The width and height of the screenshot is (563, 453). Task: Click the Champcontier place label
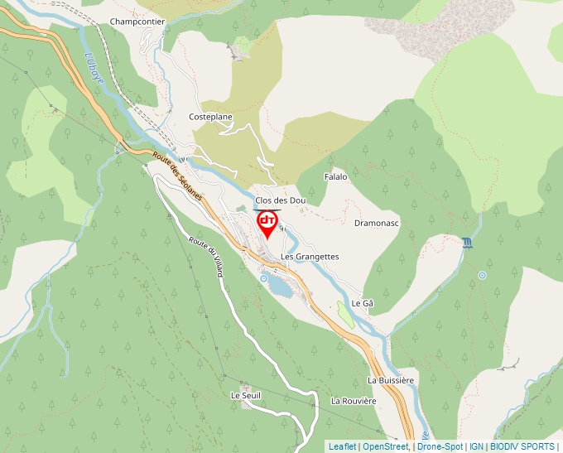tap(137, 22)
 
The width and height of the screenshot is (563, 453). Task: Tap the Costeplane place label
tap(210, 117)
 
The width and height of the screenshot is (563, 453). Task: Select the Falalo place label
tap(335, 177)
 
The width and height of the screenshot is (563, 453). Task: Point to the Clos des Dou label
tap(281, 200)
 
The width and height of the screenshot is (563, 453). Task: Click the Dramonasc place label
tap(377, 224)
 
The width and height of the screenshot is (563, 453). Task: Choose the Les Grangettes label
tap(310, 257)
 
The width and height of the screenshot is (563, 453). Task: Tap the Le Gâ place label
tap(363, 303)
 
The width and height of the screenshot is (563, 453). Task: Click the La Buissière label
tap(390, 379)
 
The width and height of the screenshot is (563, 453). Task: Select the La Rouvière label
tap(354, 401)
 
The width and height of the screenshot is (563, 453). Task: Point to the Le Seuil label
tap(246, 396)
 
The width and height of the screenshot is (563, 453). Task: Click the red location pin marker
tap(267, 223)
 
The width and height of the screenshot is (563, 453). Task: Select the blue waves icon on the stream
tap(469, 243)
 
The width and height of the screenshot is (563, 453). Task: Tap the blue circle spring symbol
tap(482, 275)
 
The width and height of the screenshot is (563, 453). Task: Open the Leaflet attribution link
tap(342, 446)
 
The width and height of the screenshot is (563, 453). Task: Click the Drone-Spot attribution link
tap(439, 446)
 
